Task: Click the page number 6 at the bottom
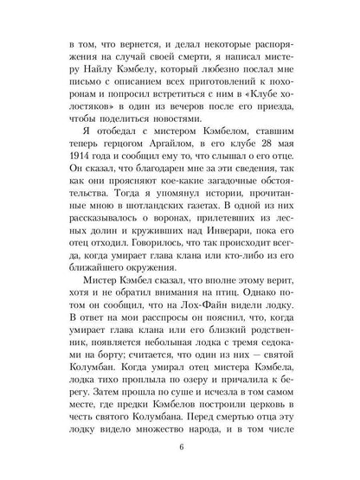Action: (181, 447)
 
